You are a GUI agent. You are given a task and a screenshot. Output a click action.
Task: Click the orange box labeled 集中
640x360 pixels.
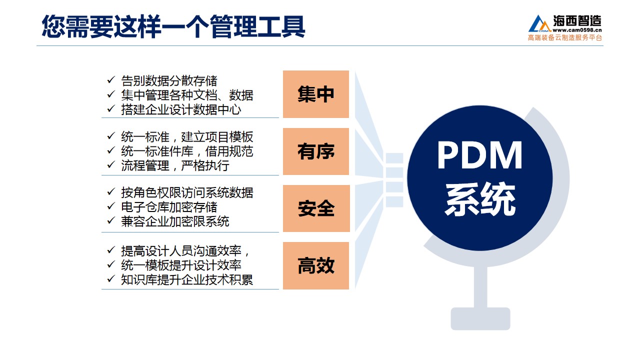(x=315, y=94)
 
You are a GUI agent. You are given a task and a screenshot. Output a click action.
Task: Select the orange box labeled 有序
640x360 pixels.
(x=315, y=151)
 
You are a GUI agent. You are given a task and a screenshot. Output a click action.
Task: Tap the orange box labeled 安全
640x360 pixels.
(x=316, y=208)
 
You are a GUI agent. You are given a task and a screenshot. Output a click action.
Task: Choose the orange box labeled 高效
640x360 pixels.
(x=315, y=265)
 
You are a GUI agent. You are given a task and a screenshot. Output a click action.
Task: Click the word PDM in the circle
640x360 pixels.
(x=479, y=155)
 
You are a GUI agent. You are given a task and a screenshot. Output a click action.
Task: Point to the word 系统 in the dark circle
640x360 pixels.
(x=480, y=199)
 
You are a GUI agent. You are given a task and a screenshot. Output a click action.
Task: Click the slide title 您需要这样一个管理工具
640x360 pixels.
(x=173, y=26)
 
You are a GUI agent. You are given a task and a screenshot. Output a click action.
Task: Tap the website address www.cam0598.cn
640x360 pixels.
(x=577, y=30)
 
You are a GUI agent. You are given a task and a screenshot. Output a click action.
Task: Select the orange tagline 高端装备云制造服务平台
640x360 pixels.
(x=565, y=37)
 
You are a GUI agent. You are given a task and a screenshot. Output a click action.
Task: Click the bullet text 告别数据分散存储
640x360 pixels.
(x=169, y=81)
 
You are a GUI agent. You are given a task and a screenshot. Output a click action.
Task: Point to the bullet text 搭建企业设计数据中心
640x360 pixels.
(x=181, y=109)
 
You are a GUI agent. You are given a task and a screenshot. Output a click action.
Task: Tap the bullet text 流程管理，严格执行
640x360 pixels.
(x=175, y=165)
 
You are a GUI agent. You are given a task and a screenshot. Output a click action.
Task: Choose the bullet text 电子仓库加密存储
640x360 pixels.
(x=169, y=207)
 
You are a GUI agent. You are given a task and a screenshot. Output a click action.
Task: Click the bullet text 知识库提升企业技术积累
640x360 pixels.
(x=187, y=279)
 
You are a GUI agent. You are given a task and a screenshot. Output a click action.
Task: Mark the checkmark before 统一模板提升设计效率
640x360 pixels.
(x=111, y=264)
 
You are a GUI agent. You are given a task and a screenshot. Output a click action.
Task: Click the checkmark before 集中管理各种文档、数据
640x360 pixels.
(x=111, y=94)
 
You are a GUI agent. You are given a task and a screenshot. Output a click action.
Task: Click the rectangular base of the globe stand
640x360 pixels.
(x=480, y=318)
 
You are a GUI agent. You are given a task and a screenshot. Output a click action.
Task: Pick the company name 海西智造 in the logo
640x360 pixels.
(x=577, y=20)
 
